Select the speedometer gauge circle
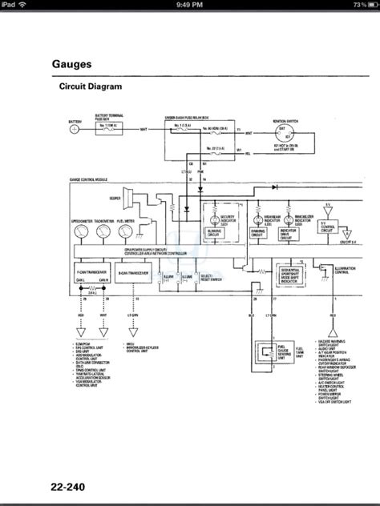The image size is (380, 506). click(x=82, y=231)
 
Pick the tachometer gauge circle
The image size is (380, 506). click(x=103, y=231)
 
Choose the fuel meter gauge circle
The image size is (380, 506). click(x=125, y=231)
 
